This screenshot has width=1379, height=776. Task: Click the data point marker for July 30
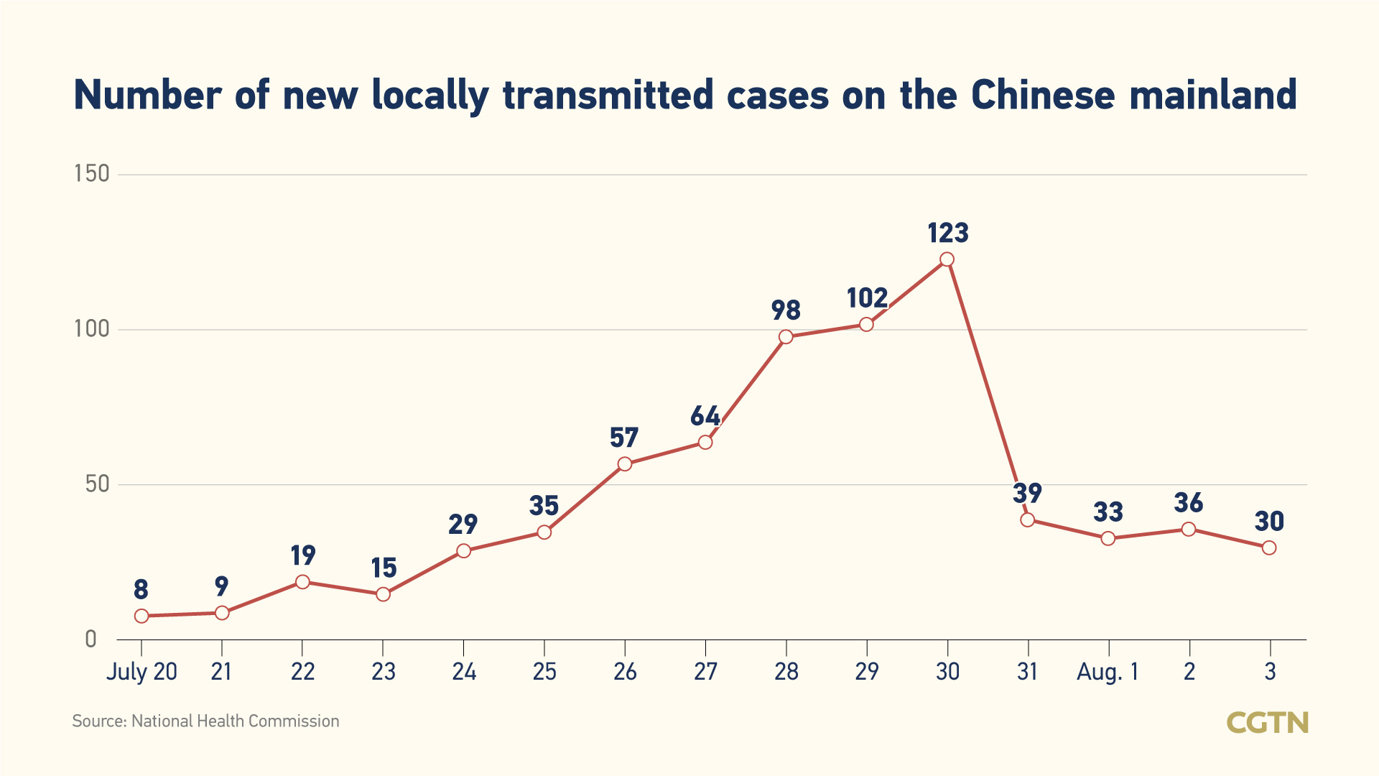(x=947, y=259)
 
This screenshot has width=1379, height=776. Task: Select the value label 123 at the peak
(x=948, y=234)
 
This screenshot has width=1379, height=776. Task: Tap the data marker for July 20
(x=141, y=616)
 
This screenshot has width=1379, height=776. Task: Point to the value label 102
(x=867, y=298)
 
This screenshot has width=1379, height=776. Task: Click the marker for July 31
(x=1028, y=519)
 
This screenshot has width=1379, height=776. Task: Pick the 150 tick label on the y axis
(x=92, y=174)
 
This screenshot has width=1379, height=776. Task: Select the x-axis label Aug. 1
(x=1108, y=672)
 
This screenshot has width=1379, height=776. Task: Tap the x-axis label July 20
(x=141, y=672)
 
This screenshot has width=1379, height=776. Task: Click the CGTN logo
(x=1267, y=723)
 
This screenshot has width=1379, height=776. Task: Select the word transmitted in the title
(x=608, y=96)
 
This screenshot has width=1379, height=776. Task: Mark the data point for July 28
(x=786, y=337)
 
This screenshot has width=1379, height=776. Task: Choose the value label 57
(x=624, y=438)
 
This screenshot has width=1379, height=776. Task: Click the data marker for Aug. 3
(x=1269, y=548)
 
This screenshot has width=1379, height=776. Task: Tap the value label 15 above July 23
(x=384, y=568)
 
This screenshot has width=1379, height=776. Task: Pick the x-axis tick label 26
(x=625, y=672)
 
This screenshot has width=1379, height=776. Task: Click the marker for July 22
(x=302, y=582)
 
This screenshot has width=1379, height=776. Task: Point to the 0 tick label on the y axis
(x=90, y=639)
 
